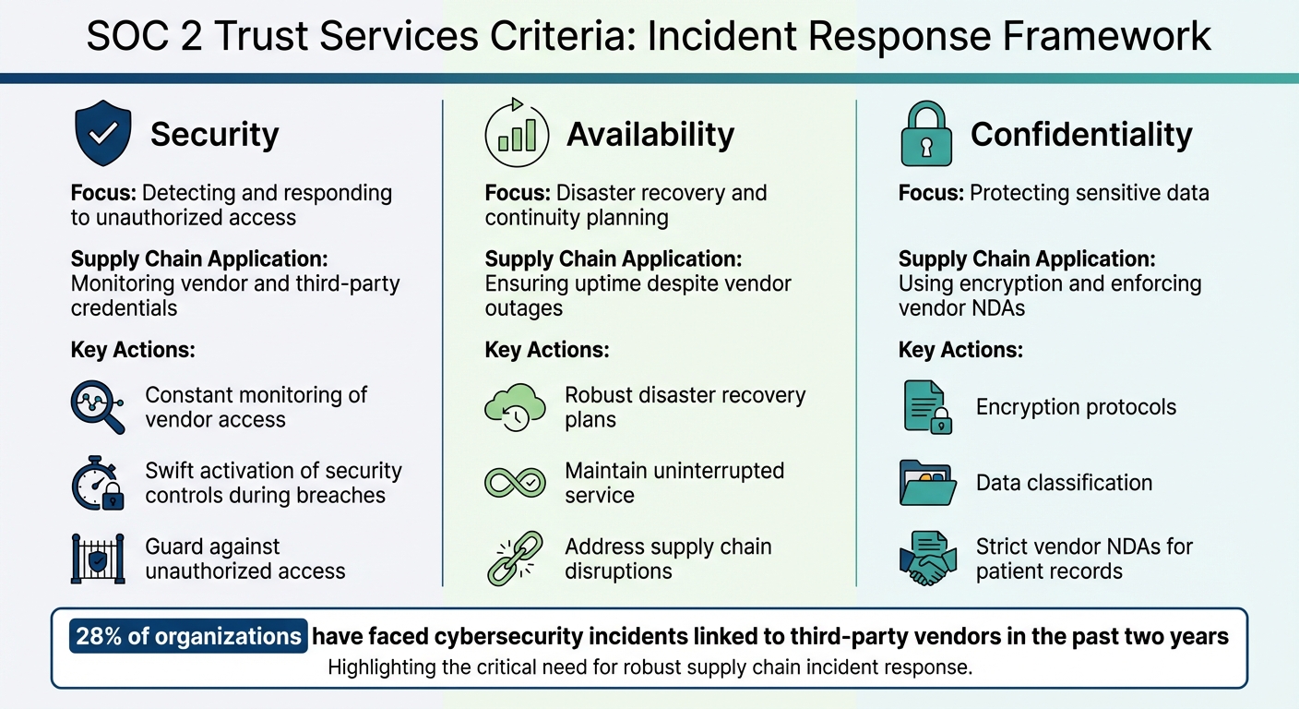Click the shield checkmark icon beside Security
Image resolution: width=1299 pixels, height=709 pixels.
pyautogui.click(x=102, y=135)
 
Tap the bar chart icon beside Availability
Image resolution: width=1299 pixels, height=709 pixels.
pyautogui.click(x=517, y=135)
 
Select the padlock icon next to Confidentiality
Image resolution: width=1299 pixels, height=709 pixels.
pyautogui.click(x=925, y=135)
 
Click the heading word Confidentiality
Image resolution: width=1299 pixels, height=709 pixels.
pyautogui.click(x=1081, y=135)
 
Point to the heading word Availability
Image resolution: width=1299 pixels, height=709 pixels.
pyautogui.click(x=650, y=135)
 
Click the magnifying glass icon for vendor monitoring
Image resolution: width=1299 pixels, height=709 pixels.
pyautogui.click(x=98, y=407)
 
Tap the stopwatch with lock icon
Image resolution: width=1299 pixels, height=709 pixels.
pyautogui.click(x=98, y=483)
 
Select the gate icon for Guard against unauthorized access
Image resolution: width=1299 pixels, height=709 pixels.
pyautogui.click(x=98, y=559)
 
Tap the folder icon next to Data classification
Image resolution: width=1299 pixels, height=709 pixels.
pyautogui.click(x=925, y=483)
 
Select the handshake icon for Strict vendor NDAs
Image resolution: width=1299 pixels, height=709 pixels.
pyautogui.click(x=925, y=559)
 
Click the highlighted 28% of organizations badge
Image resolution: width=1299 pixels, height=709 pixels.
pyautogui.click(x=188, y=637)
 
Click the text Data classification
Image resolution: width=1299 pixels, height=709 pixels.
pyautogui.click(x=1064, y=483)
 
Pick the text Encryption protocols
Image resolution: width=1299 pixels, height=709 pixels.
pyautogui.click(x=1076, y=407)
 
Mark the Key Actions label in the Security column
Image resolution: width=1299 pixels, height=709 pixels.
pyautogui.click(x=133, y=351)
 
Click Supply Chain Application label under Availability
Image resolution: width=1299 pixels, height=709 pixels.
pyautogui.click(x=614, y=259)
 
